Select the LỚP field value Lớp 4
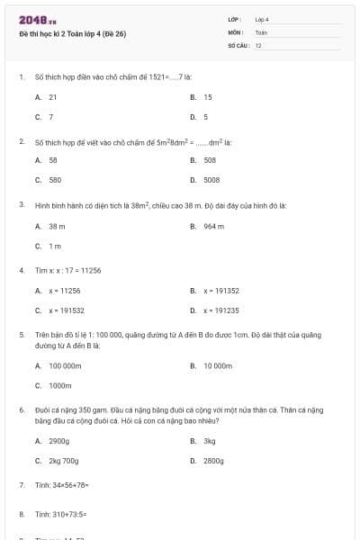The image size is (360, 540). [x=262, y=19]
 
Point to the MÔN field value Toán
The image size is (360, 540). [x=261, y=31]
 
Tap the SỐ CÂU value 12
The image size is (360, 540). [x=258, y=44]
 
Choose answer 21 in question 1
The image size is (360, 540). [x=53, y=96]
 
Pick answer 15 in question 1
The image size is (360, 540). [x=208, y=96]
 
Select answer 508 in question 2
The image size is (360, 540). [x=210, y=159]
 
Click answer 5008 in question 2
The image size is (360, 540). [x=211, y=179]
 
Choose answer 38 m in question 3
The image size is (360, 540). [x=57, y=226]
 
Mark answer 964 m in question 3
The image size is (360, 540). [x=213, y=226]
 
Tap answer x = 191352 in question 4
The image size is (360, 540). [x=221, y=291]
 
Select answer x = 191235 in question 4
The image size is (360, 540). [x=221, y=310]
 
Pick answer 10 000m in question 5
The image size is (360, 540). [x=218, y=365]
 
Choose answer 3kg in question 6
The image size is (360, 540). [x=210, y=441]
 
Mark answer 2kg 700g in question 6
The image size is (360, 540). [x=65, y=460]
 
